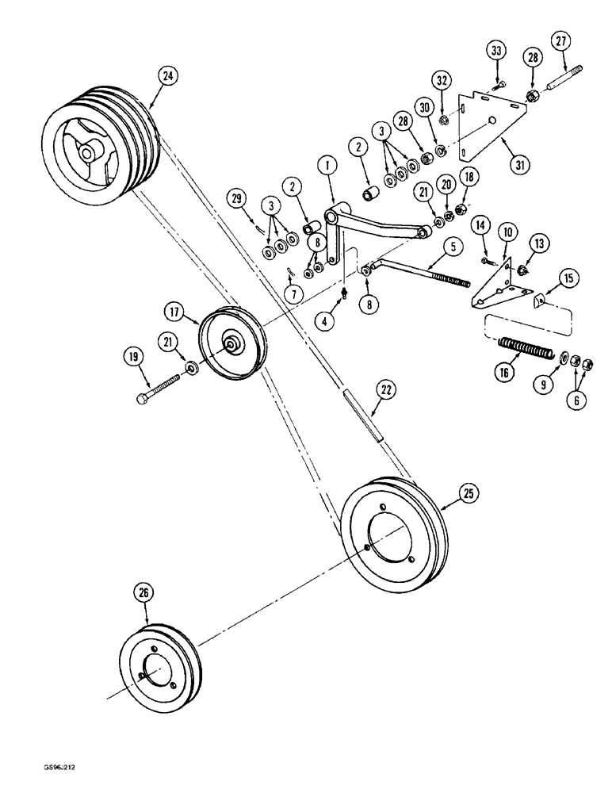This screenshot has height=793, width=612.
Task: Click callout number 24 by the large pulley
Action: click(x=167, y=77)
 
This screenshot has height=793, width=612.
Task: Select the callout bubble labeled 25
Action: click(x=468, y=493)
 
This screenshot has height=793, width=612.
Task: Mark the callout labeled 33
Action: click(x=496, y=52)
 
